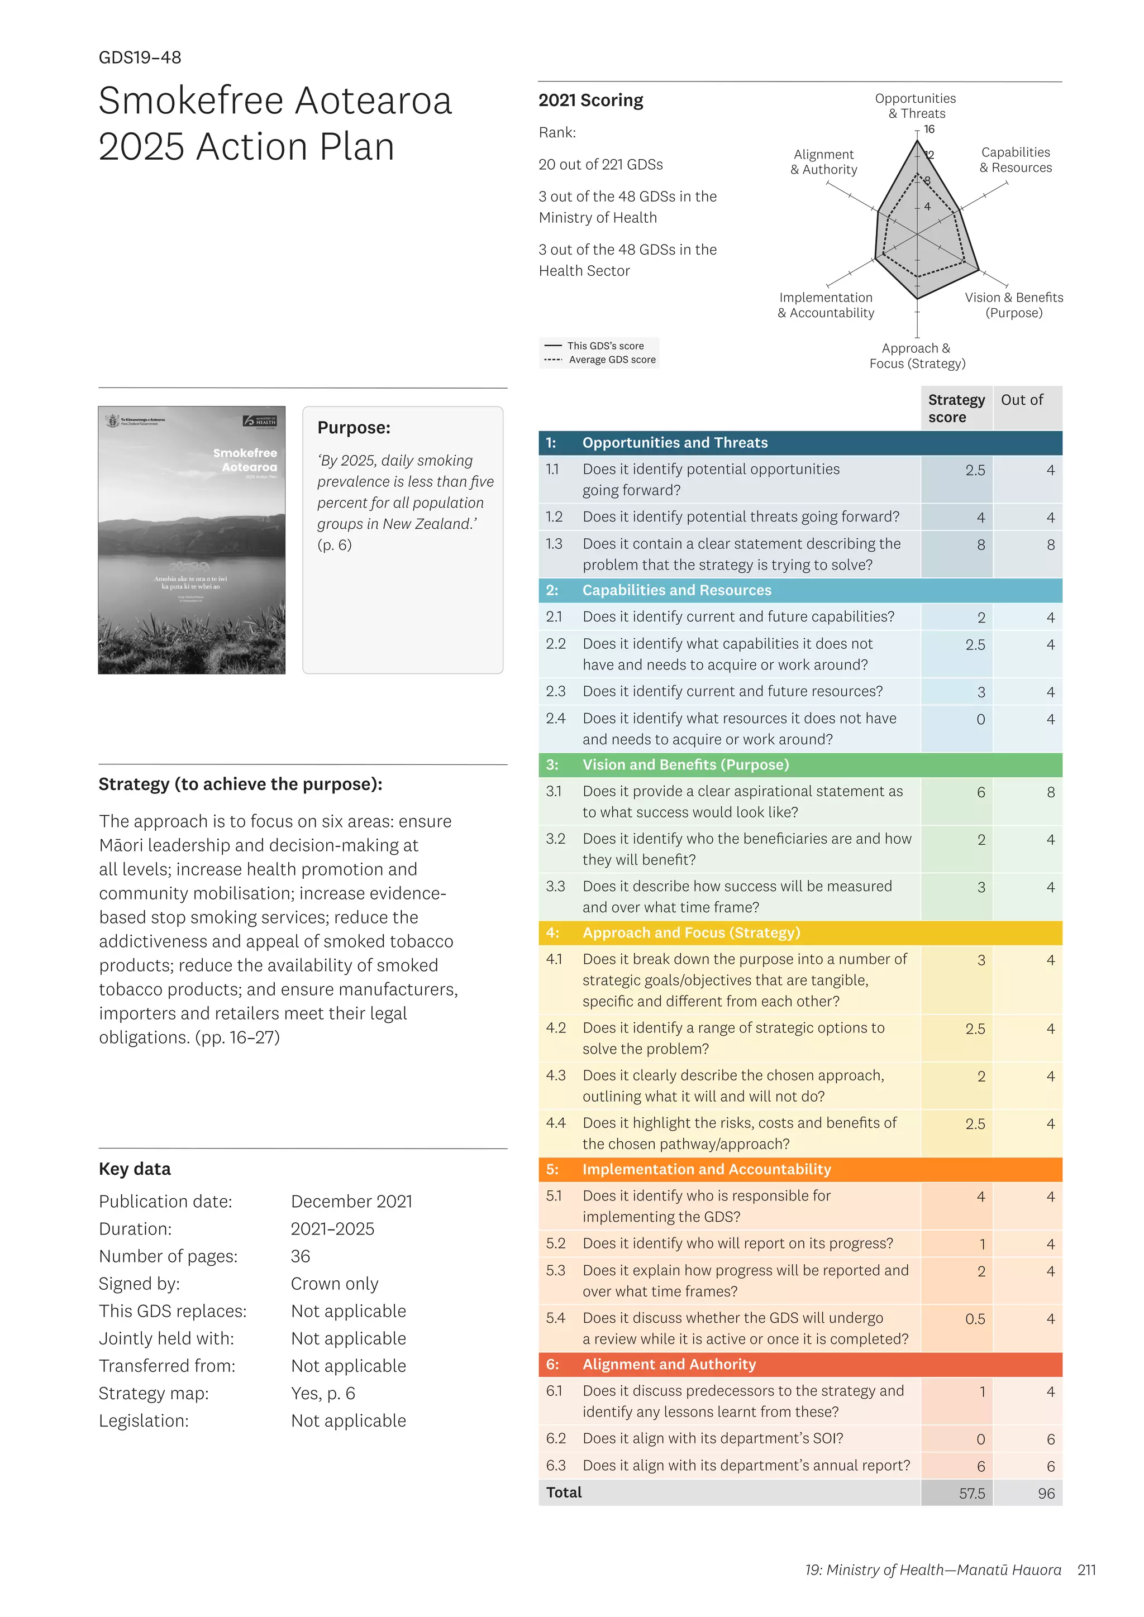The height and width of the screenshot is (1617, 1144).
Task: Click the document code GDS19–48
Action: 140,58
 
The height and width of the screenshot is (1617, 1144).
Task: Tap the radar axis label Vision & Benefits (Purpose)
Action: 1014,305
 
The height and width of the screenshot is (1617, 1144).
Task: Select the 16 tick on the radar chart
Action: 929,130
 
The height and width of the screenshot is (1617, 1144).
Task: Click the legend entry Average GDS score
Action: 612,360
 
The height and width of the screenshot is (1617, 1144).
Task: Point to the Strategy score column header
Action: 956,409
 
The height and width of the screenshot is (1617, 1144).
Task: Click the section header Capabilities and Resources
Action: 676,590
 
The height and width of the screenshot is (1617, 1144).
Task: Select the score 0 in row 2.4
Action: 980,720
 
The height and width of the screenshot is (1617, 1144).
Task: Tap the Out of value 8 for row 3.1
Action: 1050,792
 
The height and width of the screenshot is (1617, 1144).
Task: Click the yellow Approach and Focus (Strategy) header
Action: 690,932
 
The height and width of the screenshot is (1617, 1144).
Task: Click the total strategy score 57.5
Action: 971,1493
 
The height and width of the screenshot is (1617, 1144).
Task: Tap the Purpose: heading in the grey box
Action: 354,428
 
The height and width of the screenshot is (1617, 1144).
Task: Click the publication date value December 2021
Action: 351,1202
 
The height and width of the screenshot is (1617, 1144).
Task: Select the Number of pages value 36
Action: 300,1256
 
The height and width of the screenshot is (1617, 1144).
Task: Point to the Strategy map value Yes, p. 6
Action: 323,1393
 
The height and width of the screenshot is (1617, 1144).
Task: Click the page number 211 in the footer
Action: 1086,1570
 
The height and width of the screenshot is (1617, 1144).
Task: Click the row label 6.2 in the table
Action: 555,1438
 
